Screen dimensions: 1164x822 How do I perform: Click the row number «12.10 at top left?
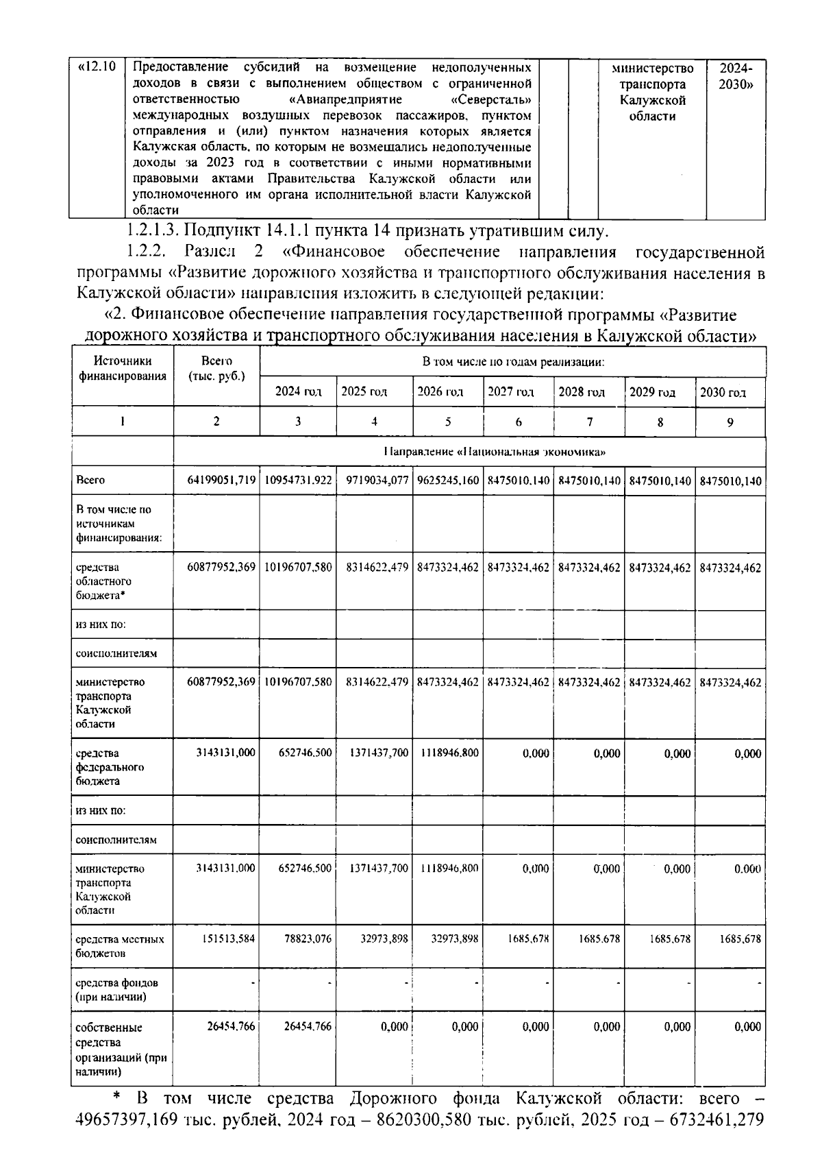[x=97, y=68]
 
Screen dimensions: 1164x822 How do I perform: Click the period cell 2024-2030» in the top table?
[x=735, y=77]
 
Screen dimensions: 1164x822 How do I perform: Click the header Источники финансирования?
[x=123, y=368]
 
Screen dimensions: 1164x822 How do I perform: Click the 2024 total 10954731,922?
[x=298, y=481]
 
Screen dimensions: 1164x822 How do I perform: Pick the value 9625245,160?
[x=448, y=481]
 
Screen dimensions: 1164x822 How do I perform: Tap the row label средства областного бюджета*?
[x=103, y=581]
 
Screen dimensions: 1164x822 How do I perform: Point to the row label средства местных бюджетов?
[x=119, y=946]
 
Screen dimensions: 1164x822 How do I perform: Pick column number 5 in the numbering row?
[x=448, y=422]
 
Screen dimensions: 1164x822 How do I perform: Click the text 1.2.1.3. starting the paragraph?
[x=153, y=230]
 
